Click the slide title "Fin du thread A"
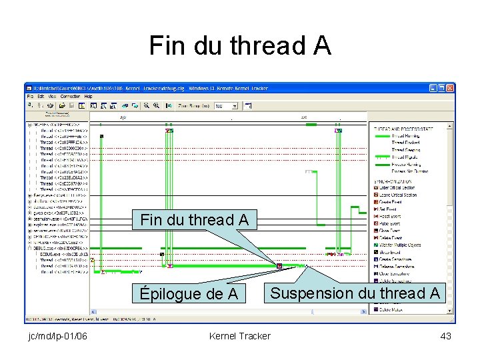tap(240, 45)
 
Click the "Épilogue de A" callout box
tap(189, 293)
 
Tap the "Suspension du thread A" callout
tap(355, 293)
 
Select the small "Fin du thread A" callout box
tap(194, 219)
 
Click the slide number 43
tap(446, 336)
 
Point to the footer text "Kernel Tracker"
tap(240, 336)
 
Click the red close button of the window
tap(450, 87)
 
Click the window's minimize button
tap(433, 87)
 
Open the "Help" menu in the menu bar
tap(88, 97)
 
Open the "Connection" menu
tap(70, 97)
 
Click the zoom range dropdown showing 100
tap(225, 105)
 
